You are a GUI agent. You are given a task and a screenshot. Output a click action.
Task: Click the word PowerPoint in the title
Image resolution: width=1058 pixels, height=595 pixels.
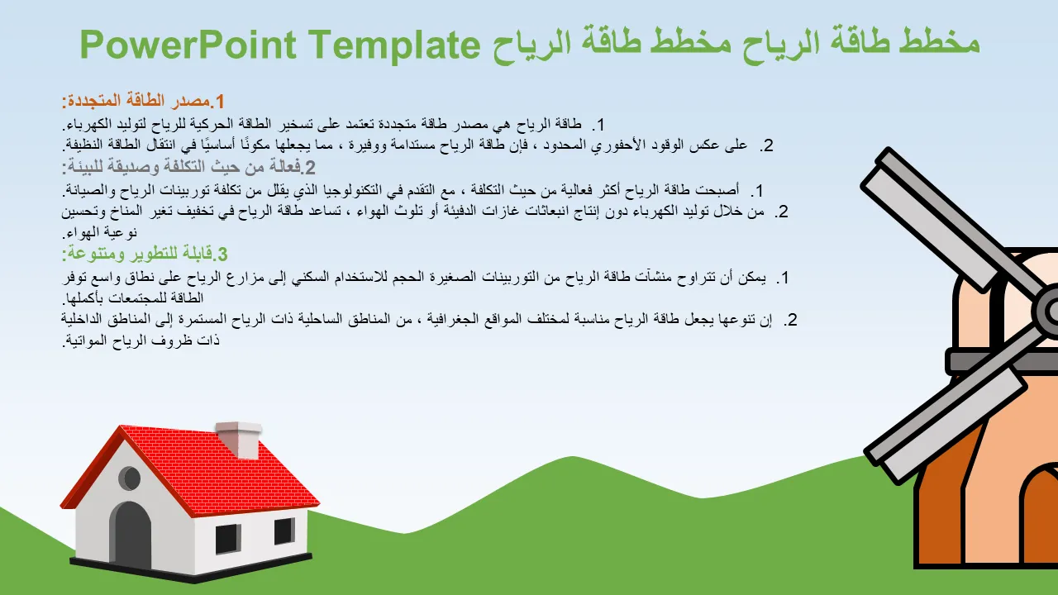click(x=188, y=45)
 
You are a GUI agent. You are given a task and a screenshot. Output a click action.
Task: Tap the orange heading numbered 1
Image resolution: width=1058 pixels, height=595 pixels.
click(x=143, y=101)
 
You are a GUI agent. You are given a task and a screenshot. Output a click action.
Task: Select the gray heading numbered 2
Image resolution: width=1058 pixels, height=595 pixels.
click(x=188, y=167)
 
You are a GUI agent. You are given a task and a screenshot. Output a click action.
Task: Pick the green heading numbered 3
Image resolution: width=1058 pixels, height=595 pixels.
click(x=145, y=254)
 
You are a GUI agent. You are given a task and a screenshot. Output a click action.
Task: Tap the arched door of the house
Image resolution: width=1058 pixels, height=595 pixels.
click(x=131, y=534)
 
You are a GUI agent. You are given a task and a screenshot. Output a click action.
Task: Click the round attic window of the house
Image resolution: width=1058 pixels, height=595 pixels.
click(x=130, y=478)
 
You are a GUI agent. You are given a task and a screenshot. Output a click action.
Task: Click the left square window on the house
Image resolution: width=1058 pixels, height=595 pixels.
click(x=227, y=538)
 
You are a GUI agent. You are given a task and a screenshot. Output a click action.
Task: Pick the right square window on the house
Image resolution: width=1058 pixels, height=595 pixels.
click(x=284, y=531)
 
